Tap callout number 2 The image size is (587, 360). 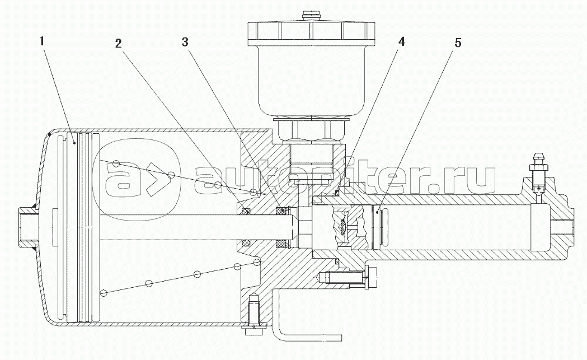point(118,44)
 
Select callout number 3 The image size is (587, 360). point(185,42)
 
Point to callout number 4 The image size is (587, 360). point(401,41)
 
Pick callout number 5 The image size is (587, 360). point(458,43)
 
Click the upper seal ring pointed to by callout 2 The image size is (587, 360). point(246,212)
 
